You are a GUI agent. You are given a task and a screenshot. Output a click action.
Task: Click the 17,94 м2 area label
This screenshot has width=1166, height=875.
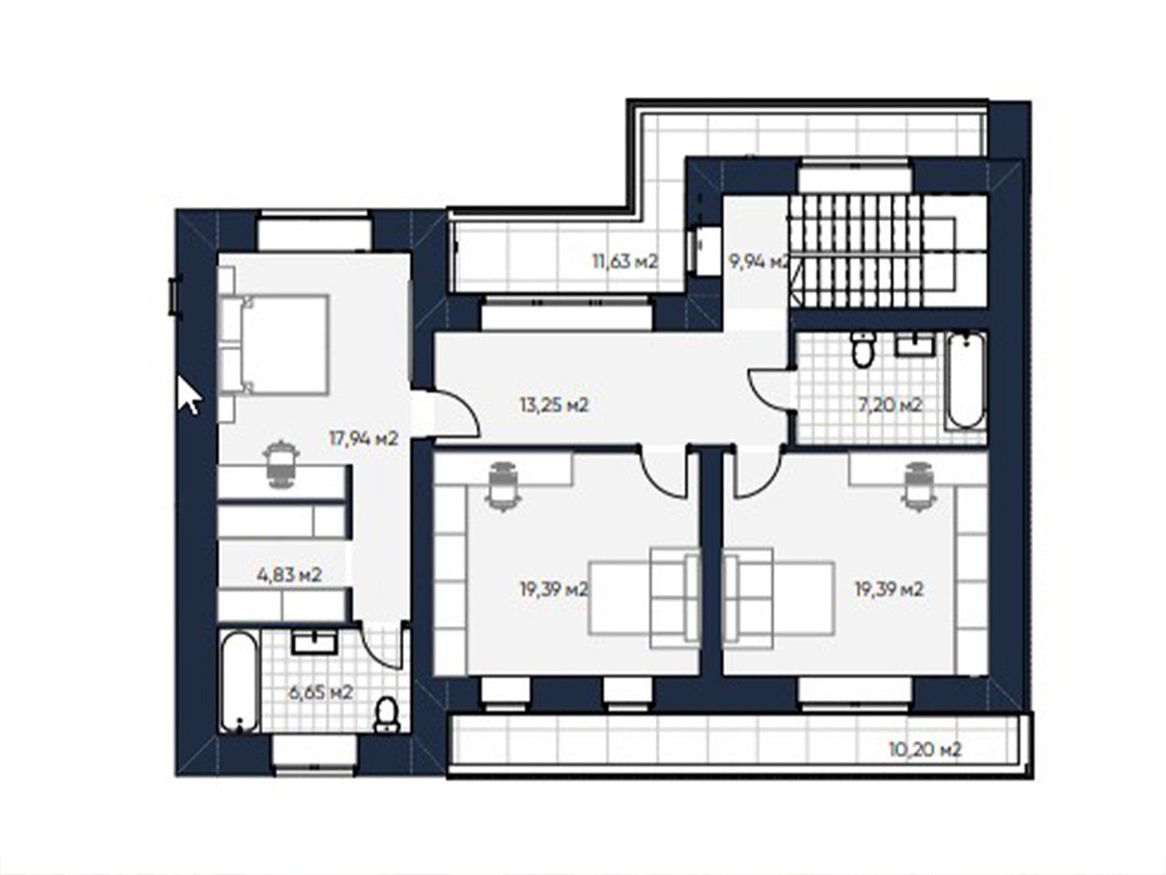click(363, 439)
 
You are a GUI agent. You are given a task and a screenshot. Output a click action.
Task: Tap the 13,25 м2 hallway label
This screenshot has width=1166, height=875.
click(554, 405)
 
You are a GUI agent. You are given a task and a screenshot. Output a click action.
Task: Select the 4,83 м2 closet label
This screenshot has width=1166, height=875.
click(290, 575)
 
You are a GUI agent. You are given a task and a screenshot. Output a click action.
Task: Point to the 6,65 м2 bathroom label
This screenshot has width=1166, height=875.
click(320, 693)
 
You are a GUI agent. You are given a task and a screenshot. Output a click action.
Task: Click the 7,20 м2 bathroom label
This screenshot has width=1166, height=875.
click(890, 405)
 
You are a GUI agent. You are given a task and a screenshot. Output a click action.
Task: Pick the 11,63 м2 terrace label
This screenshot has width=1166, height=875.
click(625, 262)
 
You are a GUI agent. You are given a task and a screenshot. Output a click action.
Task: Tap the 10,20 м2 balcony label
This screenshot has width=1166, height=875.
click(925, 750)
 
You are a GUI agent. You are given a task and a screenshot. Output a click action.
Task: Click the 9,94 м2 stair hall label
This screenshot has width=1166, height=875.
click(759, 262)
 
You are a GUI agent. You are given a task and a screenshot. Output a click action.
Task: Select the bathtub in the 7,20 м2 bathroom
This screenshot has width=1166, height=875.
click(966, 380)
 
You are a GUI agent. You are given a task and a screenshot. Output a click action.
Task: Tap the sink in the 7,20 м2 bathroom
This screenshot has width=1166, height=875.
click(916, 345)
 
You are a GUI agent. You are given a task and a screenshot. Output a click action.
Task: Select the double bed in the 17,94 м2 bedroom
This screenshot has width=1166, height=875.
click(274, 345)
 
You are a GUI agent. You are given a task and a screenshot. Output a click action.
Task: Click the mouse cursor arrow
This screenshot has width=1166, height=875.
click(189, 395)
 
